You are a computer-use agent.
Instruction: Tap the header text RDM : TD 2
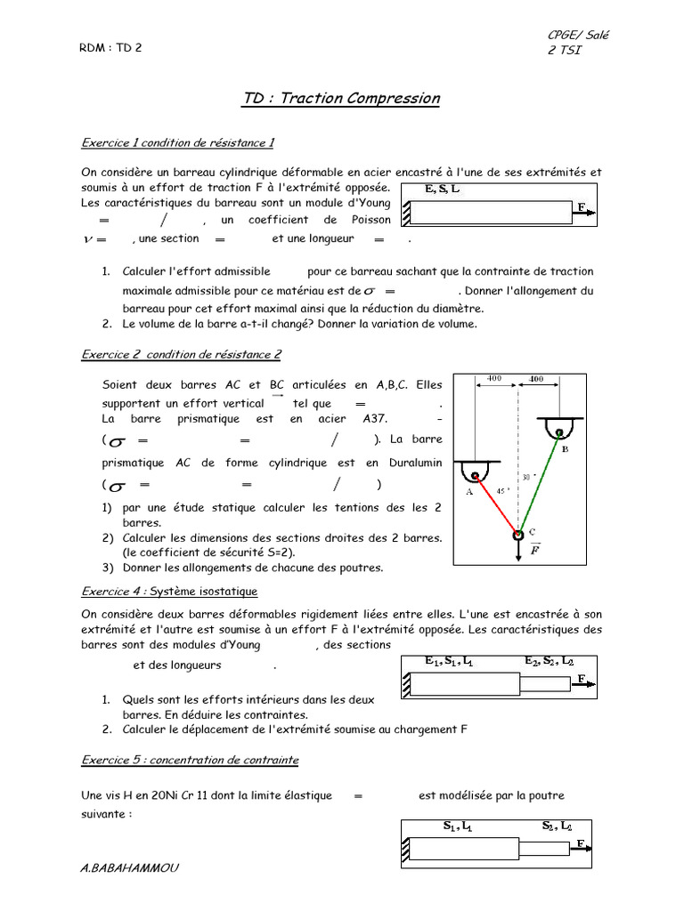coord(110,48)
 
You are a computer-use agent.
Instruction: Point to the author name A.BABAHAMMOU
coord(129,867)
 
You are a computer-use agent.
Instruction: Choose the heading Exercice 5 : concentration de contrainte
coord(190,760)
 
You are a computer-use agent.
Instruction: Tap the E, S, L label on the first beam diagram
coord(443,189)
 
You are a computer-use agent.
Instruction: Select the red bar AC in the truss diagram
coord(495,503)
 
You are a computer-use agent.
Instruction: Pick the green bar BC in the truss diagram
coord(539,485)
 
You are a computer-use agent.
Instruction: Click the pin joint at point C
coord(517,534)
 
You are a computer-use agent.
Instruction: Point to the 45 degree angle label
coord(501,491)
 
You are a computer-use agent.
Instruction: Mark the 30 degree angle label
coord(526,477)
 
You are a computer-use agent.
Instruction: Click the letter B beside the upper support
coord(565,450)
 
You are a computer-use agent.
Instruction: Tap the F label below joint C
coord(535,551)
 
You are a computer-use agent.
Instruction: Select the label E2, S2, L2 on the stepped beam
coord(549,662)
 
